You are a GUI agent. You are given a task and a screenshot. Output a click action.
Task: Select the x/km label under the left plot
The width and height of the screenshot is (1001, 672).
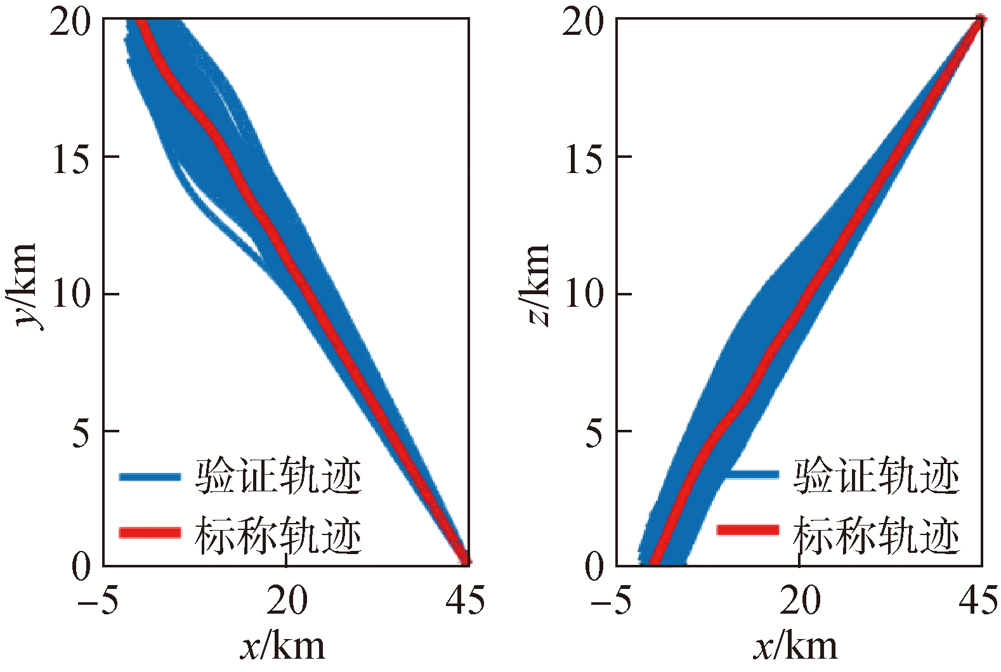coord(283,647)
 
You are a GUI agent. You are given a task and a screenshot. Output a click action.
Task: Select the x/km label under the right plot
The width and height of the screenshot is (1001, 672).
coord(795,647)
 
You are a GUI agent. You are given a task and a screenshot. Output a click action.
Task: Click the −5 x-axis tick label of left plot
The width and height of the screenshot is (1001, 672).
coord(98,600)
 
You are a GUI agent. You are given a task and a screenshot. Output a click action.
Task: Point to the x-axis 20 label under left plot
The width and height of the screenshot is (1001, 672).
coord(287,600)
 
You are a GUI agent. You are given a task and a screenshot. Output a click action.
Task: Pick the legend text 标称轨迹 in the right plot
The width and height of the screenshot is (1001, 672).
coord(875,535)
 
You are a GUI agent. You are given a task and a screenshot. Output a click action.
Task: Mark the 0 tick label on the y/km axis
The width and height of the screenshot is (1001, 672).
coord(81,565)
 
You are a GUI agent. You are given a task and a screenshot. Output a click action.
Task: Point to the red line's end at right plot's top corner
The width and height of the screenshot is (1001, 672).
coord(979,21)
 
